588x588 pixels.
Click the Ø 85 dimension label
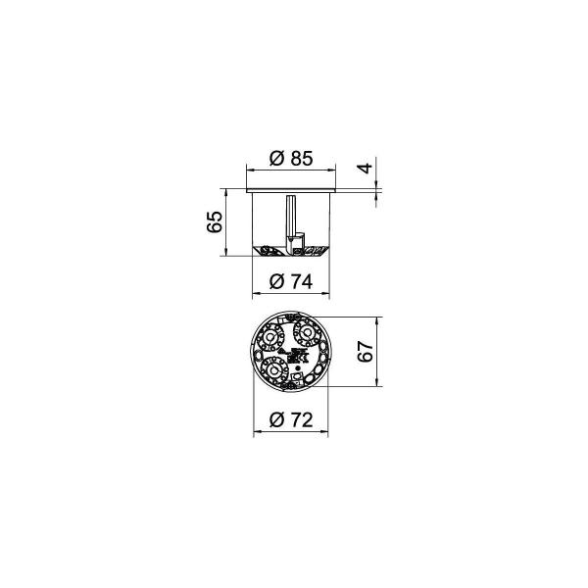coord(291,158)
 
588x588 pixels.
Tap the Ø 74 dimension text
coord(291,282)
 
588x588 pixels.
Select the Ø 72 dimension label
coord(291,420)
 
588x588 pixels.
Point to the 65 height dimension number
coord(215,222)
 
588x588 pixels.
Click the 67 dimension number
coord(366,352)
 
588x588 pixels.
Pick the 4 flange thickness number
coord(366,169)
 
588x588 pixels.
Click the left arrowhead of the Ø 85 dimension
coord(250,171)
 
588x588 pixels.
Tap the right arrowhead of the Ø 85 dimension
coord(331,171)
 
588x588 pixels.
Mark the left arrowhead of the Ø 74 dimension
coord(256,294)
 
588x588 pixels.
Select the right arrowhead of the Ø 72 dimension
coord(324,432)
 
